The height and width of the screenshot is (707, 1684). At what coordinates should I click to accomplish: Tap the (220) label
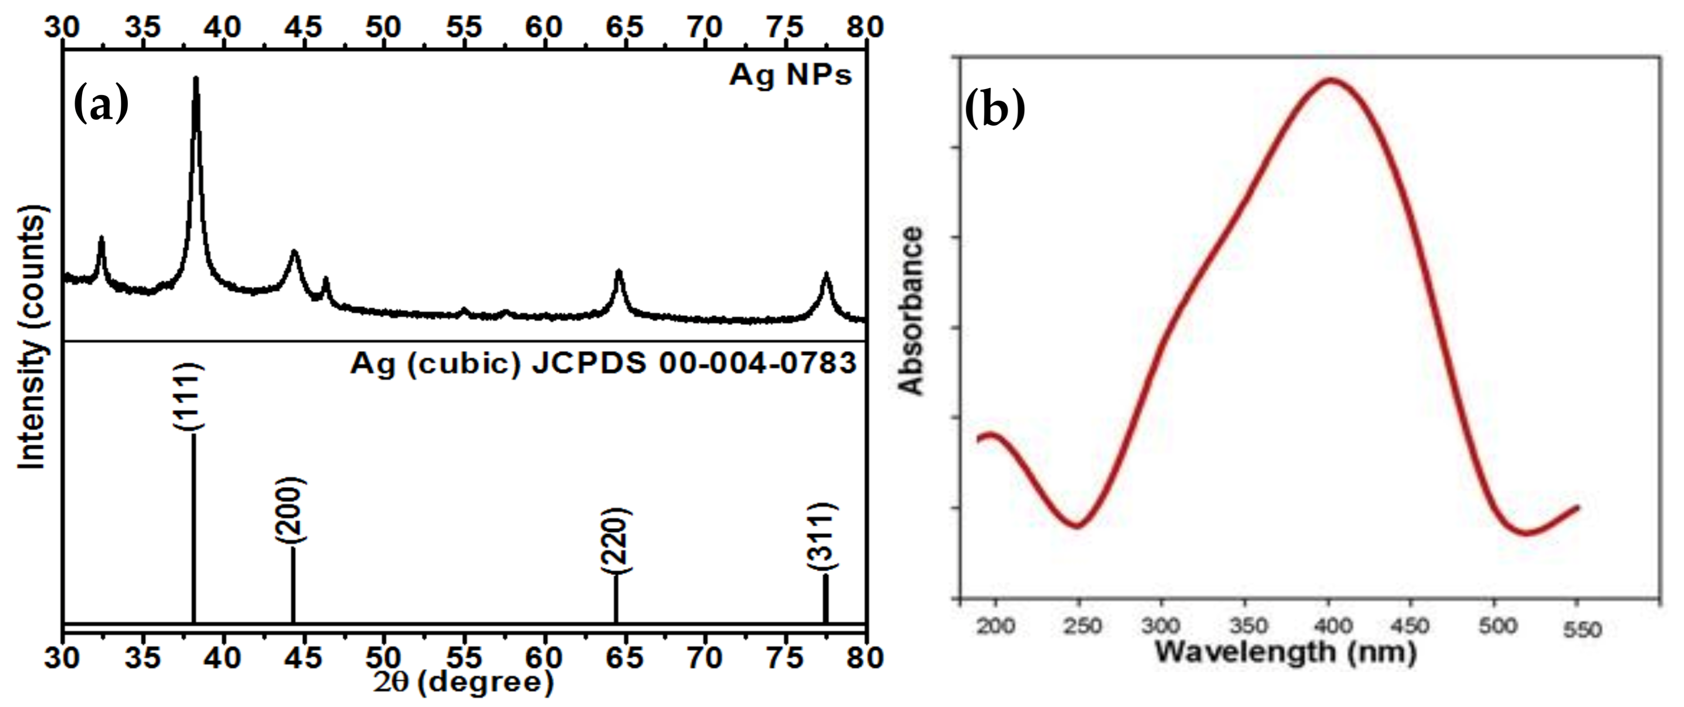pos(615,540)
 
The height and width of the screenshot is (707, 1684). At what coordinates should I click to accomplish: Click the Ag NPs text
pos(790,75)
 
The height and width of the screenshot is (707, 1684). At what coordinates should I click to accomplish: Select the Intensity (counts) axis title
pos(33,337)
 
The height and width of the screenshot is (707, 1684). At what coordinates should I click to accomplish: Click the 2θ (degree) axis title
pos(464,682)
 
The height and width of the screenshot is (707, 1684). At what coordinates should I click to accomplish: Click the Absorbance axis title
pos(911,311)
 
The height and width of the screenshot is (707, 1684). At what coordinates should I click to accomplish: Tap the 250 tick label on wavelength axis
pos(1082,626)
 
